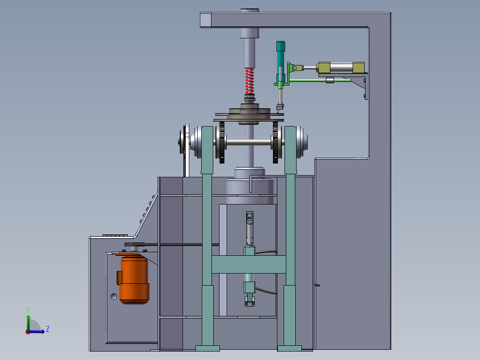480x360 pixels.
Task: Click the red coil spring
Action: tap(250, 81)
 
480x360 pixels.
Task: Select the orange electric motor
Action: tap(134, 279)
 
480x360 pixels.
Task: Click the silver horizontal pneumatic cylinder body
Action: tap(342, 68)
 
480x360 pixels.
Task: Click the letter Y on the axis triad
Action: tap(28, 310)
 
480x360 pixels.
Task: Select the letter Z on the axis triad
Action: tap(48, 329)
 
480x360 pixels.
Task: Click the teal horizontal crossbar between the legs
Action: tap(248, 264)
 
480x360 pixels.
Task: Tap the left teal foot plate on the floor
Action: tap(207, 348)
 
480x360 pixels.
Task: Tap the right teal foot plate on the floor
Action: tap(289, 348)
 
